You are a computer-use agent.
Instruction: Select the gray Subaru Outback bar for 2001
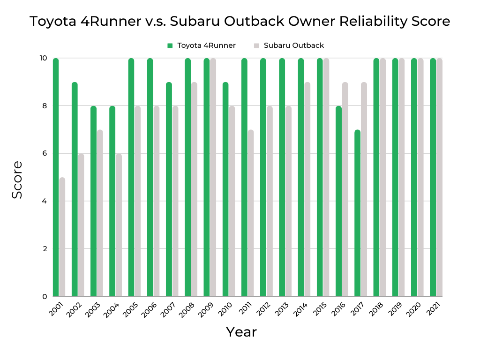62,237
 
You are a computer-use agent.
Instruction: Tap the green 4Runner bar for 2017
357,213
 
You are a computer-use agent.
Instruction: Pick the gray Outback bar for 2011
251,213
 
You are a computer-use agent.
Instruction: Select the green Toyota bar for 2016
338,202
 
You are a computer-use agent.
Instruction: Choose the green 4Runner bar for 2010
225,189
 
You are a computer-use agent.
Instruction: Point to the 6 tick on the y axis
44,153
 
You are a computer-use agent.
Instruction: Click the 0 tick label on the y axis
44,296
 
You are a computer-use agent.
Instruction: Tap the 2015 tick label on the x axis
318,310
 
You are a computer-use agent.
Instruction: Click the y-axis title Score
17,180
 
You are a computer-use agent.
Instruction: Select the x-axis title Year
241,332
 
